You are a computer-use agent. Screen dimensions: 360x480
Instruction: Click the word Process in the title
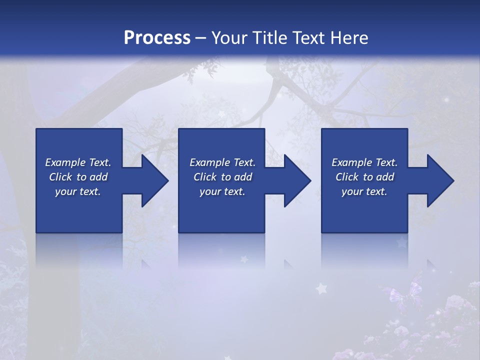coord(157,37)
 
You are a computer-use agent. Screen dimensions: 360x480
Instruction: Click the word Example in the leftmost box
coord(65,162)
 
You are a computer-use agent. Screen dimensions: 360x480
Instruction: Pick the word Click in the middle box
coord(205,177)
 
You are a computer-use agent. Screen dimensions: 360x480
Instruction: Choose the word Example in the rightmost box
coord(351,162)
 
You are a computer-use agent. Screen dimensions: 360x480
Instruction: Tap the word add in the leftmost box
coord(98,177)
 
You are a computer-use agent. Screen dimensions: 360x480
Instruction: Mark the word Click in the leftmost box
coord(60,177)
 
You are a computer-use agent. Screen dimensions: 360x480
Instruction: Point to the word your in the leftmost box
coord(65,191)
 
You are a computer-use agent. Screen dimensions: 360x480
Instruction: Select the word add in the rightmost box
coord(385,177)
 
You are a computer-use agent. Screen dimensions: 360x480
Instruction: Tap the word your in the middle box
coord(210,191)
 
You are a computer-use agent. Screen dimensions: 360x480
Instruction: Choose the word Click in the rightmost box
coord(347,177)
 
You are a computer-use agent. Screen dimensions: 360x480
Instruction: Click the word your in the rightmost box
coord(352,191)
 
